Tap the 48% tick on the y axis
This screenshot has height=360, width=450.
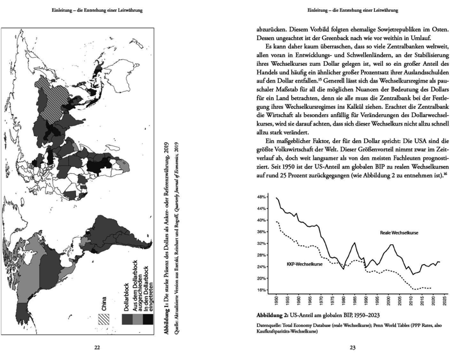pos(261,197)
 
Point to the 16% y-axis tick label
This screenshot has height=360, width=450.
pos(261,290)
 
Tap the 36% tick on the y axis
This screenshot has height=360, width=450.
pos(261,232)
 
